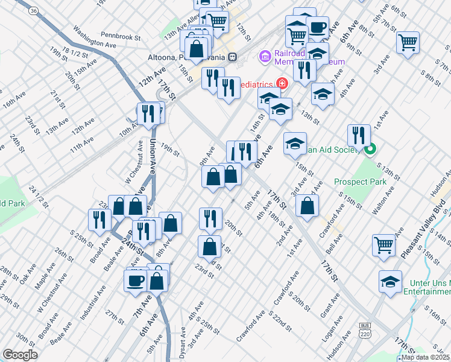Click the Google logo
click(x=20, y=355)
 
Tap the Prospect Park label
click(x=359, y=181)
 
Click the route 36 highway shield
click(x=33, y=10)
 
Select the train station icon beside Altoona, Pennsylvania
click(x=233, y=57)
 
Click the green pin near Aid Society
click(x=370, y=148)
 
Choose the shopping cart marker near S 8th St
click(x=408, y=42)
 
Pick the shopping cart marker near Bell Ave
click(x=383, y=244)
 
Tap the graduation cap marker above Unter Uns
click(x=390, y=281)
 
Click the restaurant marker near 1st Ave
click(x=359, y=135)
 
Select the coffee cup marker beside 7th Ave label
click(x=134, y=280)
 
